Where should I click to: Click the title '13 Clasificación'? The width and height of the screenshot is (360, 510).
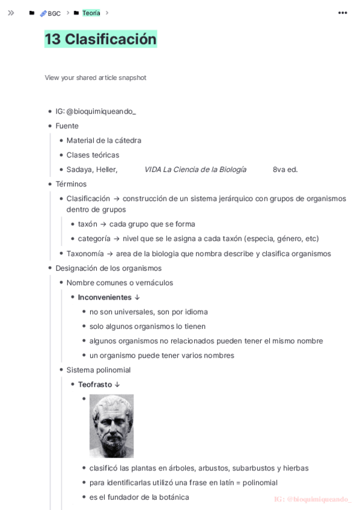coord(100,39)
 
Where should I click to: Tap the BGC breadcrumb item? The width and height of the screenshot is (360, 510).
coord(53,13)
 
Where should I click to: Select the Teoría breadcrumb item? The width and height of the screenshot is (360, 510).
coord(91,13)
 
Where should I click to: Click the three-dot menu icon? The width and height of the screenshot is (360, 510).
coord(343,13)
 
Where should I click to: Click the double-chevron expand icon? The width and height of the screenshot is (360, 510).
coord(11,13)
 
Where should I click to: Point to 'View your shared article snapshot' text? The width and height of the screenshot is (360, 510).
coord(96,78)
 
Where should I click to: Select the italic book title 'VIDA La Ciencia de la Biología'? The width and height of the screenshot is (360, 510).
coord(195,170)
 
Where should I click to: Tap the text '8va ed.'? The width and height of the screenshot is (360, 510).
coord(285,170)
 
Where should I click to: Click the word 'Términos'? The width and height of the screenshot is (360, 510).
coord(71,184)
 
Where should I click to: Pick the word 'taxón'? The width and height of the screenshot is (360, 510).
coord(88,224)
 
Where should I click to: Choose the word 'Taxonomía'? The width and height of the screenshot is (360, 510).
coord(85,254)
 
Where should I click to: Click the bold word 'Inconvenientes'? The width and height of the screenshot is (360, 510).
coord(105,297)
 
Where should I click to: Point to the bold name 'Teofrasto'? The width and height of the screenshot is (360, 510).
coord(95,384)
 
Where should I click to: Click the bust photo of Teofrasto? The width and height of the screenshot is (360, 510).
coord(111,426)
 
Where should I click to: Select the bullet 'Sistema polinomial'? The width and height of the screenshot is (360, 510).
coord(99,370)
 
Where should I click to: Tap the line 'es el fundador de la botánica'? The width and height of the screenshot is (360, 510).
coord(139,497)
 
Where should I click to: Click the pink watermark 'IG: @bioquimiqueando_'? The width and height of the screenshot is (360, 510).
coord(313,499)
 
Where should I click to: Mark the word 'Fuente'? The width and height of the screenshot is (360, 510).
coord(67,126)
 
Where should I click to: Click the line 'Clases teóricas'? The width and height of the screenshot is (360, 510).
coord(93,155)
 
